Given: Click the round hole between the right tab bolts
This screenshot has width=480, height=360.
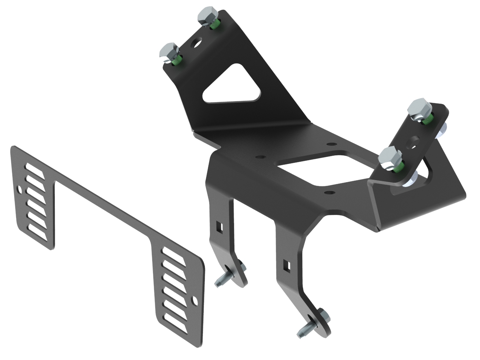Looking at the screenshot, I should click(x=413, y=141).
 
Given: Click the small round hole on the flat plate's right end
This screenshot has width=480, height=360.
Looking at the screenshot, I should click(x=195, y=300).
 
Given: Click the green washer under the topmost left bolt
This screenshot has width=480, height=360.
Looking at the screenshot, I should click(x=215, y=25).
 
